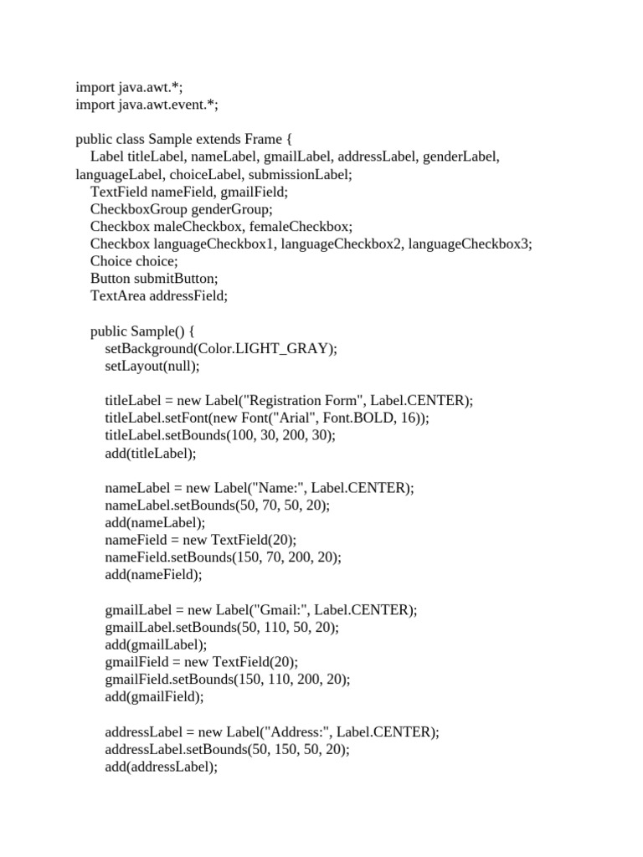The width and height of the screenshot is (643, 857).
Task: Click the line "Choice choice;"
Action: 134,261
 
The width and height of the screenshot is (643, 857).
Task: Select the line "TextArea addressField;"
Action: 159,295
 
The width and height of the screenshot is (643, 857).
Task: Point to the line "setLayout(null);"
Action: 153,366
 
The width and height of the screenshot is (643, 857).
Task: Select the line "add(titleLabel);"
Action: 151,453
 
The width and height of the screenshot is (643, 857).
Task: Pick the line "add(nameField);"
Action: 154,574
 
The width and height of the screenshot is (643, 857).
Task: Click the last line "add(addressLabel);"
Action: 162,767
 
